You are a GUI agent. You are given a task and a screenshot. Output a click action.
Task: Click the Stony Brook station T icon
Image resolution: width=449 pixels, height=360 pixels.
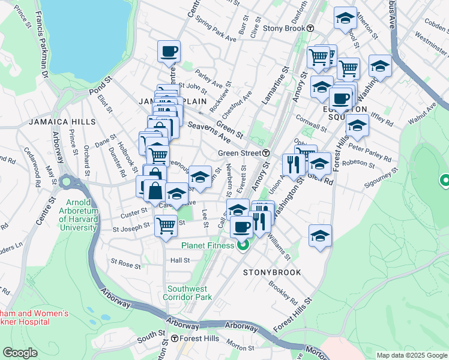pos(310,28)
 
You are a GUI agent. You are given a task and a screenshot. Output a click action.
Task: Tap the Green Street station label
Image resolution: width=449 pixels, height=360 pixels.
pos(238,153)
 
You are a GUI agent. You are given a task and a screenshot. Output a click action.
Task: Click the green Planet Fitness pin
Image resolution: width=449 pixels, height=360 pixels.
pos(243,245)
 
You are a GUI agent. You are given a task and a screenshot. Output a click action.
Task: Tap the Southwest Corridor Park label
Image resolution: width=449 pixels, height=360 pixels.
pos(189,292)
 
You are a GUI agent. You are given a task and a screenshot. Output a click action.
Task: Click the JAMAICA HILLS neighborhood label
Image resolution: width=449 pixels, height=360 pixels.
pos(62,122)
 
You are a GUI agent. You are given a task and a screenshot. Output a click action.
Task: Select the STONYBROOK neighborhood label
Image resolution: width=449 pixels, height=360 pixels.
pos(271,272)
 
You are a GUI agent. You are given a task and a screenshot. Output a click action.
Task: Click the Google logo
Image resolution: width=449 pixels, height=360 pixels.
pos(20,353)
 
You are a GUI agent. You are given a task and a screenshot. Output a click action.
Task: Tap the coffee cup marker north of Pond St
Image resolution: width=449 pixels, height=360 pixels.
pos(169,51)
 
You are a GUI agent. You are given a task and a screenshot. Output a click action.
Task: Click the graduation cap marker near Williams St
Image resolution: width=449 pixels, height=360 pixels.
pos(321,236)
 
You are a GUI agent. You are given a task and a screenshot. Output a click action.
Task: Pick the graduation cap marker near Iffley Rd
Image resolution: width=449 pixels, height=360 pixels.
pos(357,126)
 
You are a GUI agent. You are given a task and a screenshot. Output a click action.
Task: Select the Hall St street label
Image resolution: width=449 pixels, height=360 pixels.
pos(180,260)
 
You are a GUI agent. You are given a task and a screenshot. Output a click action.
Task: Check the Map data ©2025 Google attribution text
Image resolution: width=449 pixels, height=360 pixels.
pos(411,355)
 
